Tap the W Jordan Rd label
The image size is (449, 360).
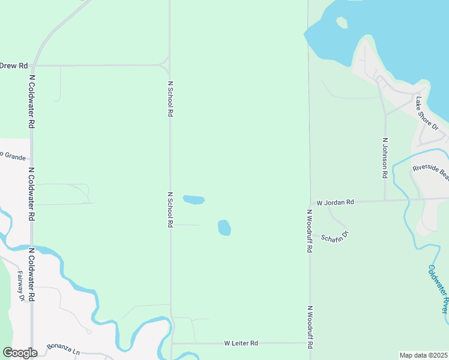[x=336, y=203]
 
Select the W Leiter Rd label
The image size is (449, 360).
[x=241, y=343]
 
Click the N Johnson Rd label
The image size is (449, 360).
[x=385, y=158]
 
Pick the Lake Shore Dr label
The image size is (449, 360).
[x=427, y=114]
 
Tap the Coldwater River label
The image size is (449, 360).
[x=438, y=288]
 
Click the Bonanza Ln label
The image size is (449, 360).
[x=64, y=348]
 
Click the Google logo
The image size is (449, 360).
[x=20, y=353]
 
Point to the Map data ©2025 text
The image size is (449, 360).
[x=423, y=355]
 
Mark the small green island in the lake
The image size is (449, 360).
[x=342, y=23]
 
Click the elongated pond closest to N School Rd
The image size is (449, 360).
[x=193, y=199]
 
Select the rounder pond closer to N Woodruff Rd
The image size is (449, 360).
[x=224, y=227]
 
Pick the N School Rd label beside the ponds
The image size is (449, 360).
[x=170, y=209]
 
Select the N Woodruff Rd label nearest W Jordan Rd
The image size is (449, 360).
[x=310, y=231]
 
